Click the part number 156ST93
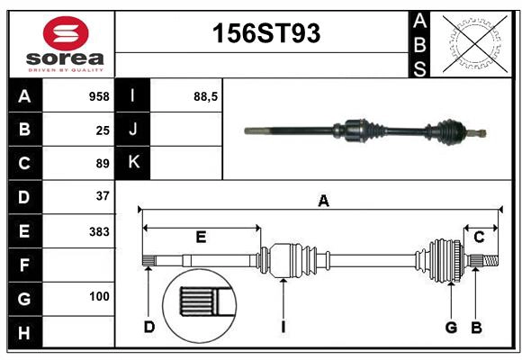tap(265, 34)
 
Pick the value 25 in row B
tap(103, 130)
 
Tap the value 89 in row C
tap(103, 164)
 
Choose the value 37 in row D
tap(103, 195)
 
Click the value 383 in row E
tap(99, 231)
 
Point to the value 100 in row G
tap(99, 296)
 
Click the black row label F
tap(24, 265)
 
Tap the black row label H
tap(24, 333)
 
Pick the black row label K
tap(134, 163)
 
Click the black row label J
tap(134, 130)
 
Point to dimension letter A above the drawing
tap(323, 202)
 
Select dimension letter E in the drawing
tap(202, 238)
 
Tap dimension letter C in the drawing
tap(480, 237)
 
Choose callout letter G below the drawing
tap(452, 327)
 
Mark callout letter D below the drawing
tap(149, 327)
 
